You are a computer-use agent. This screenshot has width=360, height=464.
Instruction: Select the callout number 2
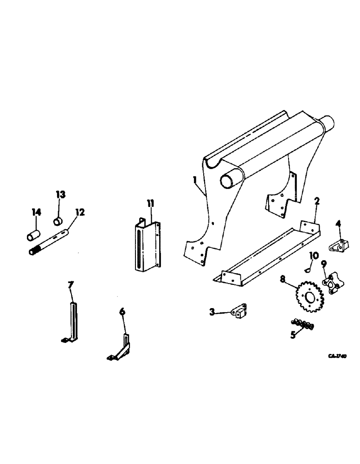(316, 201)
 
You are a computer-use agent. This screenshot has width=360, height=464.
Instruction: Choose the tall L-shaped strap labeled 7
(72, 320)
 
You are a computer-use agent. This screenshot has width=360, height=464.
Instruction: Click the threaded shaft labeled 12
(50, 241)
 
